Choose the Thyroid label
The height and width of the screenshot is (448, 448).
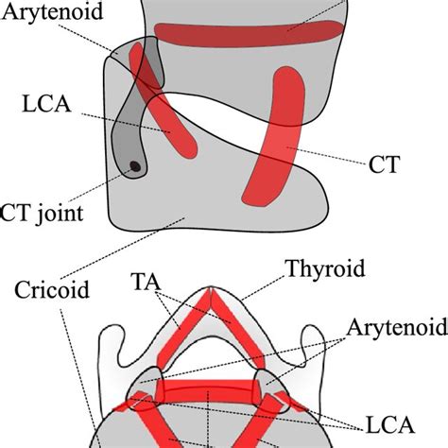pos(325,269)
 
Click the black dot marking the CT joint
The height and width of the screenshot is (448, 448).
pos(134,167)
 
